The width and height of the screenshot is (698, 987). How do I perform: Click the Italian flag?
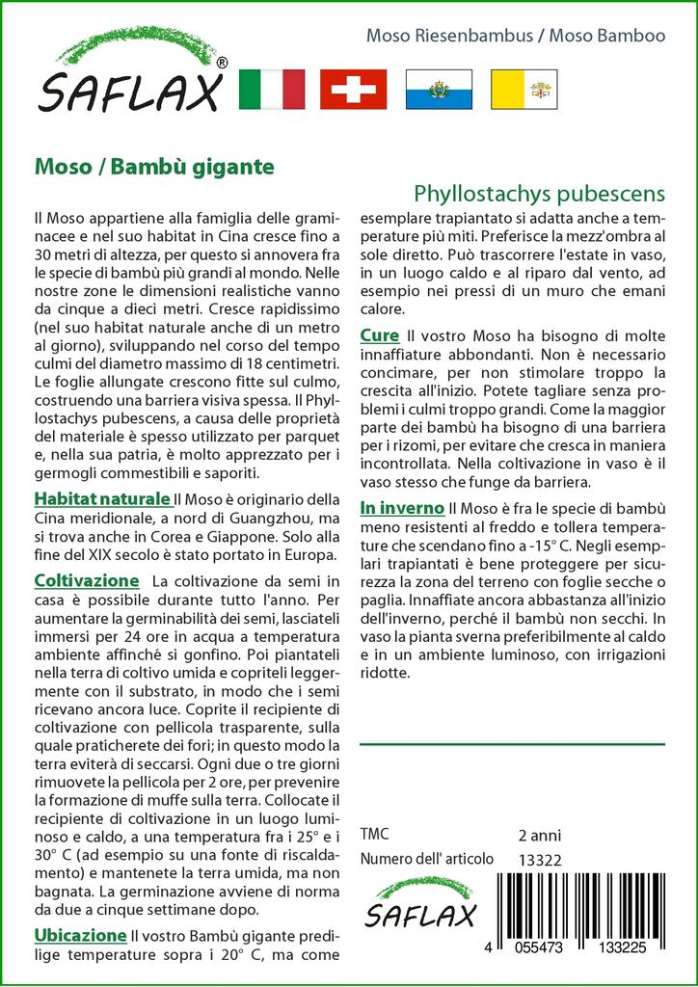point(271,90)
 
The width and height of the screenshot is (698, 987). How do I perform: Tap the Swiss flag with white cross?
point(353,90)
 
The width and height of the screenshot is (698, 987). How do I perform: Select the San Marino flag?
point(438,90)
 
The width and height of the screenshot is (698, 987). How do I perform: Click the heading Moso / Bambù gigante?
point(154,166)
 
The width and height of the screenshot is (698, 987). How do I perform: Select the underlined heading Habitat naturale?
point(102,499)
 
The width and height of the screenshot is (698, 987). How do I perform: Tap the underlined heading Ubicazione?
point(81,935)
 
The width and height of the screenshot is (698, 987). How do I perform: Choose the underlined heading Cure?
point(379,335)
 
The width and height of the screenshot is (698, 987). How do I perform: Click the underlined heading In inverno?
point(402,508)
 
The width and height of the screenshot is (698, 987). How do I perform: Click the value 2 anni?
point(539,835)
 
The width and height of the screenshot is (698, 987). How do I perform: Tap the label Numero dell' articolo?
point(426,860)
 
